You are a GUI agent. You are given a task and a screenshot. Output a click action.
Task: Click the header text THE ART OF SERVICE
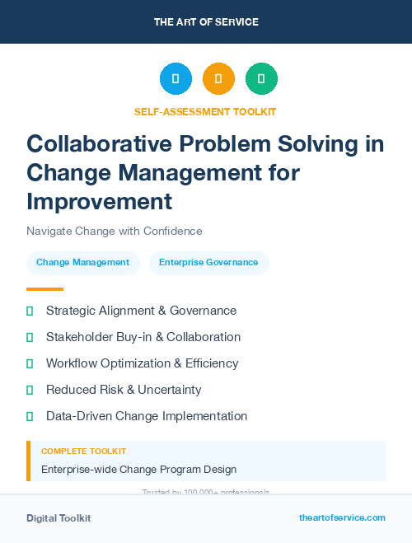point(206,22)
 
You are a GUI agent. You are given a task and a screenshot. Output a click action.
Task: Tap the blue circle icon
point(176,79)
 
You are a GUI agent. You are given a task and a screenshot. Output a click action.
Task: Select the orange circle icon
point(218,79)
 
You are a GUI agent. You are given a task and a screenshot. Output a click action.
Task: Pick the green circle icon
point(261,79)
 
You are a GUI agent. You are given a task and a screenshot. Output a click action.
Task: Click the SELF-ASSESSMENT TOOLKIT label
point(206,111)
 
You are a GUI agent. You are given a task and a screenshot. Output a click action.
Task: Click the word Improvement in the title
point(99,201)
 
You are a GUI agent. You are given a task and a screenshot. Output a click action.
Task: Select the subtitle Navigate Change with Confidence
point(114,232)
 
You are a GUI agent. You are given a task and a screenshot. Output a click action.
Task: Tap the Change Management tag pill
point(82,263)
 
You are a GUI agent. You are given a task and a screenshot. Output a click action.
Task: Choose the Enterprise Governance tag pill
point(208,263)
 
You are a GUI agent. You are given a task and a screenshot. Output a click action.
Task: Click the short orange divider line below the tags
point(44,289)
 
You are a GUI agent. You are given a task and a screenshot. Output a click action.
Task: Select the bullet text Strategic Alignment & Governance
point(141,311)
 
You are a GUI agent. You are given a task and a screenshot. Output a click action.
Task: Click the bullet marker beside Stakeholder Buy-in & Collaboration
point(30,337)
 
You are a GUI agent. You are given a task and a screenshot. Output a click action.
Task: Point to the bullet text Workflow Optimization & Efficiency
point(142,363)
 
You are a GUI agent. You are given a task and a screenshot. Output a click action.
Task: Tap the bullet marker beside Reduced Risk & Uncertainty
point(30,390)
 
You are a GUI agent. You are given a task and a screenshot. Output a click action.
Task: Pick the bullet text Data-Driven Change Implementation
point(147,416)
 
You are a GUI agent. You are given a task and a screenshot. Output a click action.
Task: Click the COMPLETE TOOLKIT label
point(83,452)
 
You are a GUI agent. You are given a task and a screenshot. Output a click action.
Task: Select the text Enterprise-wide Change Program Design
point(138,470)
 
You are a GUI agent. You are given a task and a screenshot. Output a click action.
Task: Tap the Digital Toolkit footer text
point(59,518)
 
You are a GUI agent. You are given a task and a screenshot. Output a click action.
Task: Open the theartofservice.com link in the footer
point(342,517)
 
